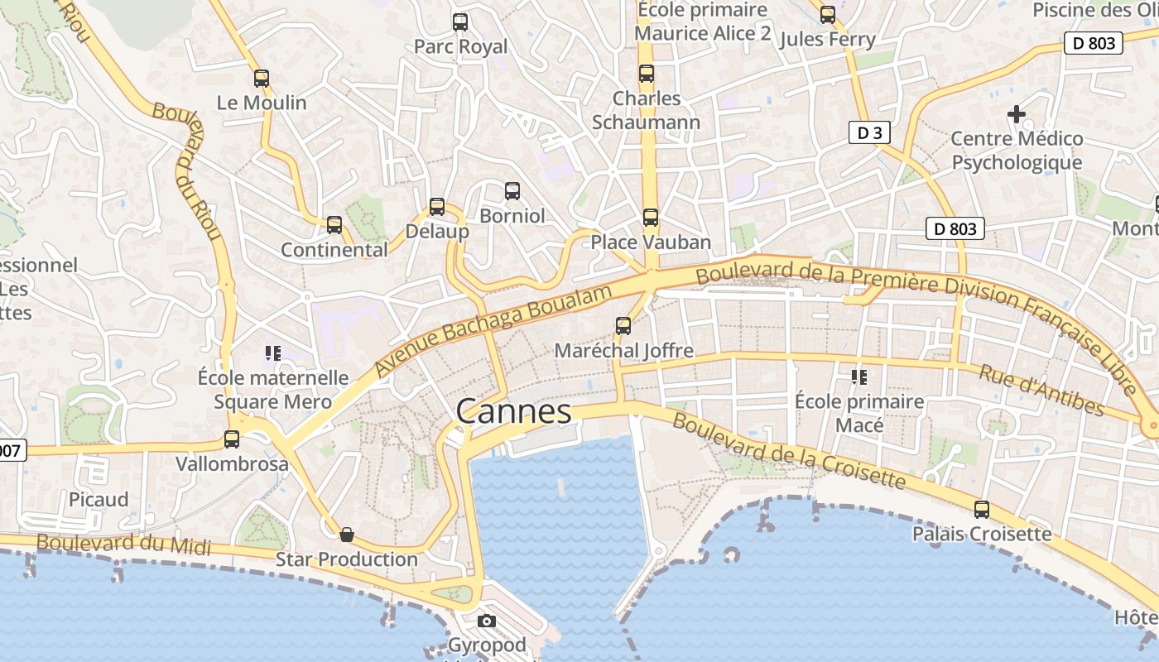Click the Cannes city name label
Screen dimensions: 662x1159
click(x=513, y=411)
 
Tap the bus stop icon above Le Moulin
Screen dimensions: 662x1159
click(x=262, y=79)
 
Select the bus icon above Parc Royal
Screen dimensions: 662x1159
click(x=460, y=22)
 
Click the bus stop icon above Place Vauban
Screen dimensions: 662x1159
click(x=651, y=218)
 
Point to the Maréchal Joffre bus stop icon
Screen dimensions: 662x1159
click(x=623, y=326)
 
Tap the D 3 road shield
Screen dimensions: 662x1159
click(x=868, y=132)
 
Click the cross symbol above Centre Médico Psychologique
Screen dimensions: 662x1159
click(x=1017, y=113)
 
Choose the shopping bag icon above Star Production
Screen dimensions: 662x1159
click(x=347, y=535)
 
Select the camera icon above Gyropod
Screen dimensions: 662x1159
click(x=487, y=621)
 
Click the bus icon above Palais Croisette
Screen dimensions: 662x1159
click(x=982, y=510)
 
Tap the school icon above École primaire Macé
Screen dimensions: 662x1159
click(x=859, y=377)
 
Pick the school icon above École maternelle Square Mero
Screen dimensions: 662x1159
click(x=273, y=353)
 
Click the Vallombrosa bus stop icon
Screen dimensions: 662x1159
click(x=232, y=439)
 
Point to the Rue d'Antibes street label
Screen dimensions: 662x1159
click(x=1041, y=390)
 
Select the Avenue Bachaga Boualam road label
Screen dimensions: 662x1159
click(x=493, y=330)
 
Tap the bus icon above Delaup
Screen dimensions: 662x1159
click(x=437, y=207)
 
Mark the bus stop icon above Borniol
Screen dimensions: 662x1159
click(x=512, y=191)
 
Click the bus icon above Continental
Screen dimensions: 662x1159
click(x=334, y=225)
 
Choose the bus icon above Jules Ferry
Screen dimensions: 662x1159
click(x=828, y=15)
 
